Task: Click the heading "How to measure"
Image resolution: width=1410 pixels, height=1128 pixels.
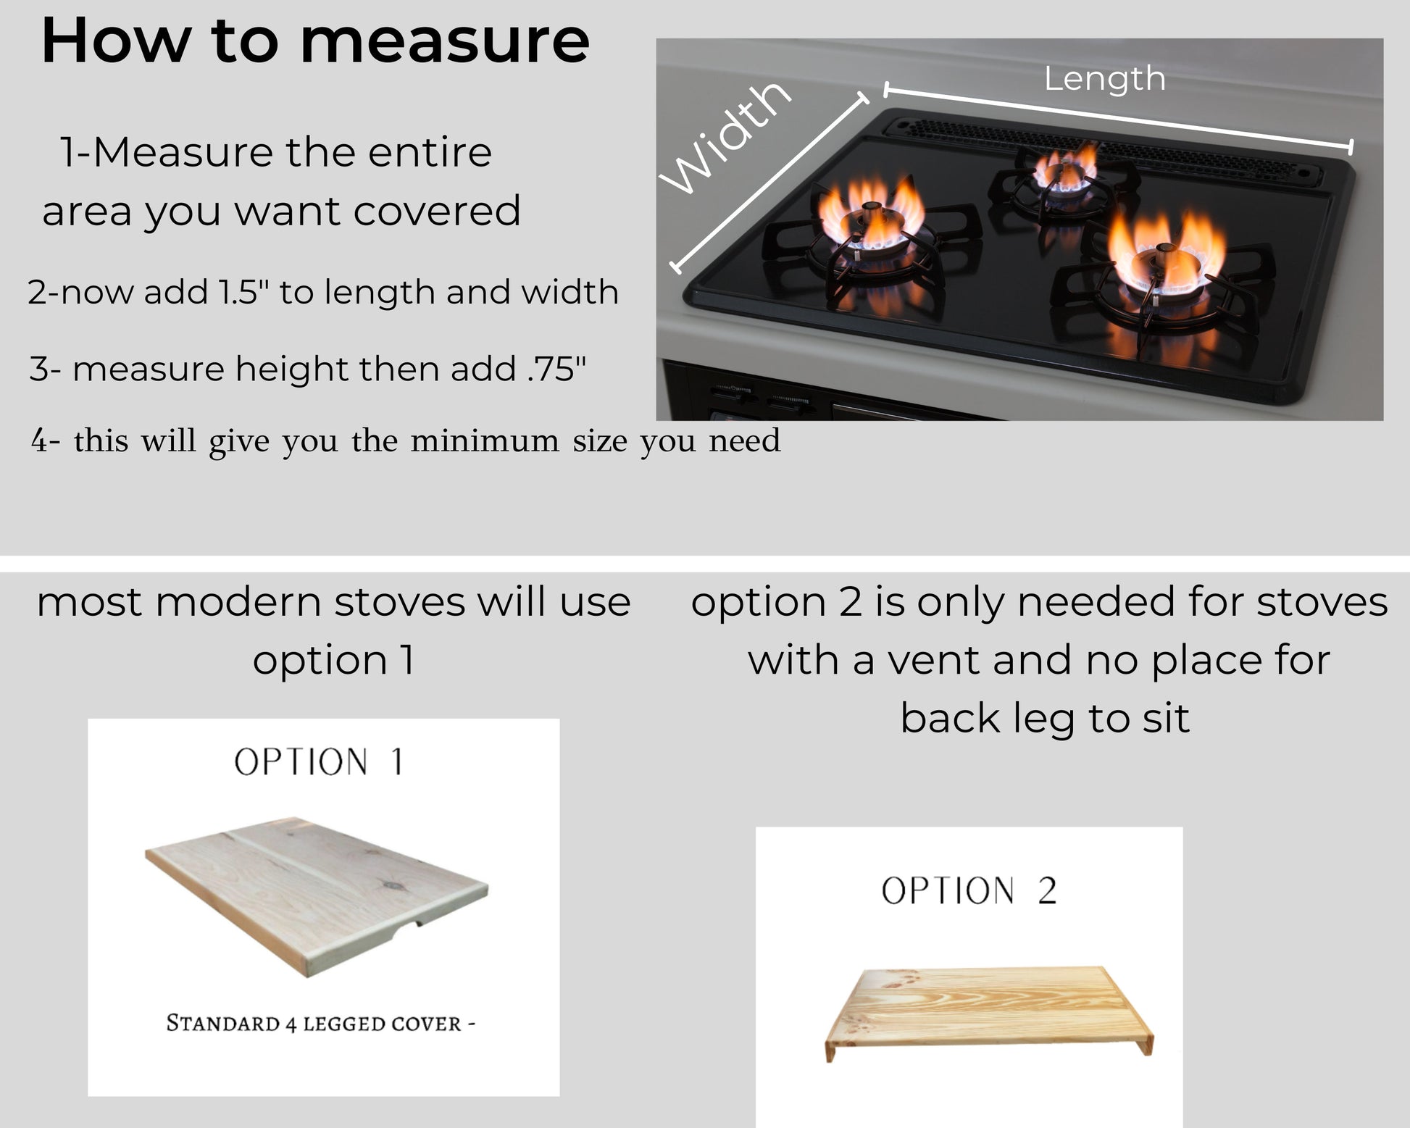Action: [x=315, y=41]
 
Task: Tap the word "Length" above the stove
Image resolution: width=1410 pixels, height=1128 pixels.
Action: [x=1104, y=78]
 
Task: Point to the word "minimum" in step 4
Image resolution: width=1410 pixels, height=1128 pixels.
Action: [x=484, y=441]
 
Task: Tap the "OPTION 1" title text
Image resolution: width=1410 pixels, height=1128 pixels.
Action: [x=319, y=763]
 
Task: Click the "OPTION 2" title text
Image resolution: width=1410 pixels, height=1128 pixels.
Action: [x=969, y=891]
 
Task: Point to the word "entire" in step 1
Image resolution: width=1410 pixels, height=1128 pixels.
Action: [x=430, y=153]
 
